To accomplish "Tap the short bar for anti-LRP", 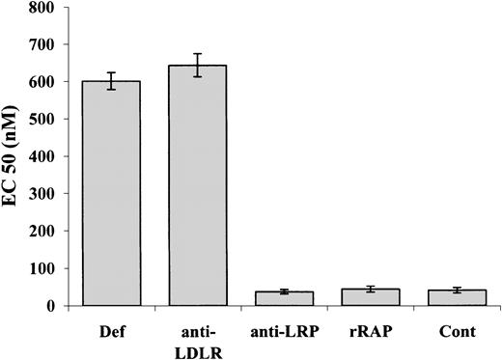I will tap(271, 298).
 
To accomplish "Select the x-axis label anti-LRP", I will tap(271, 328).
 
